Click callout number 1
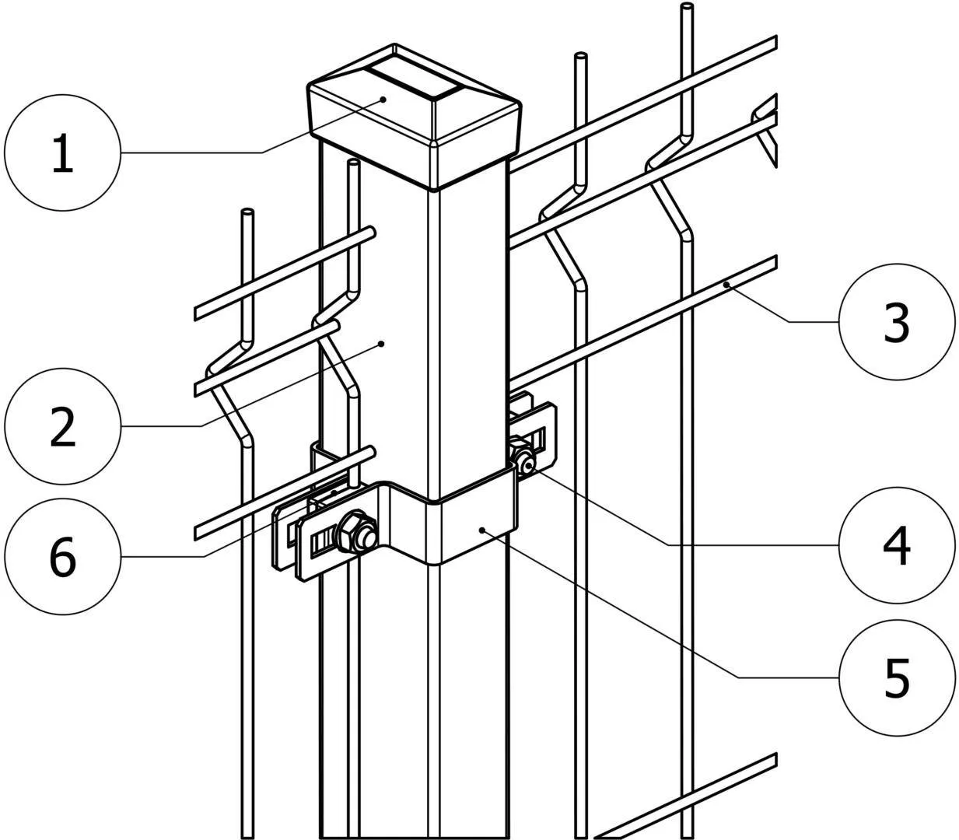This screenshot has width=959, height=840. [63, 153]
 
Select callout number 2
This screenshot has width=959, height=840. [63, 426]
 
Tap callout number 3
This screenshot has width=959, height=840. [897, 322]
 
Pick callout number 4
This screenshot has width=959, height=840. [897, 545]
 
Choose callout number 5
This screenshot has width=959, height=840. [897, 677]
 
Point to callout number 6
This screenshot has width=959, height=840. [63, 556]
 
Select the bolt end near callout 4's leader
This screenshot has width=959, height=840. [528, 467]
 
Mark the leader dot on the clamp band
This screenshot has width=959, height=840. [481, 530]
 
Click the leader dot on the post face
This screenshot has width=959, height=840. [382, 344]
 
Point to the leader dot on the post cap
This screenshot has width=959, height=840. [383, 99]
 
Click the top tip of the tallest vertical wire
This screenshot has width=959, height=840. [687, 6]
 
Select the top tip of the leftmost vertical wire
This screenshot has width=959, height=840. [247, 212]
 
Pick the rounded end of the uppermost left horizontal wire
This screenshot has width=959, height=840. [370, 233]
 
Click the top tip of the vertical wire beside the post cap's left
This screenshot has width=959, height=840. [353, 163]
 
